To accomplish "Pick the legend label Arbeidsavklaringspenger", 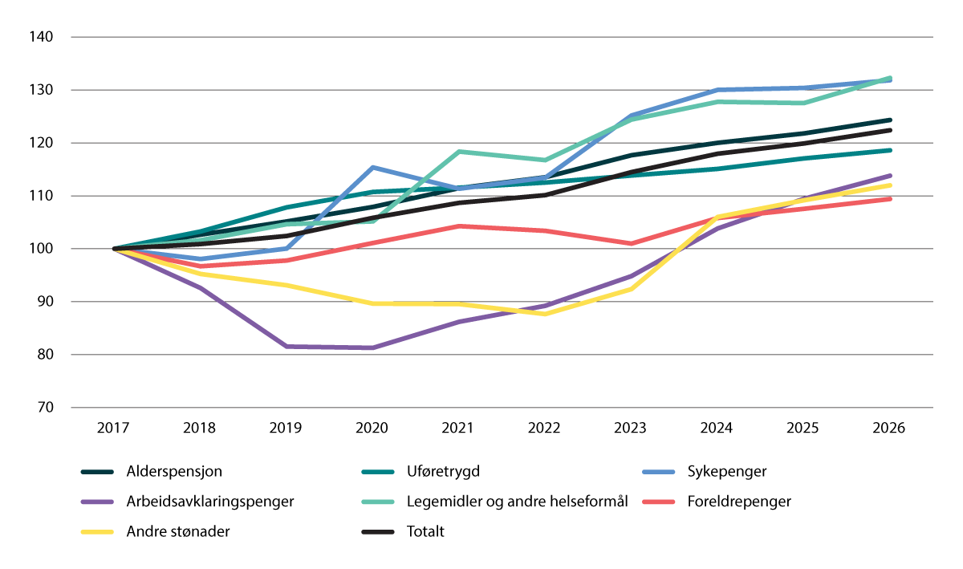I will pos(210,502).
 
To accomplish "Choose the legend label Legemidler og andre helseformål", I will pos(496,502).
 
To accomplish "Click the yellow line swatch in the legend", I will pos(99,531).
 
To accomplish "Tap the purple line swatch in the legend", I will pos(99,502).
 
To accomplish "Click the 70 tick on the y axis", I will pos(43,408).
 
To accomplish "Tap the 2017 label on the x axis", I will pos(114,428).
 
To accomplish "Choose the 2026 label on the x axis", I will pos(889,428).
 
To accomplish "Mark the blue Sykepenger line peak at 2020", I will pos(372,167).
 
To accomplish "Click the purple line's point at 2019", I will pos(286,346).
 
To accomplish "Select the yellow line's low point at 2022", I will pos(545,314).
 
